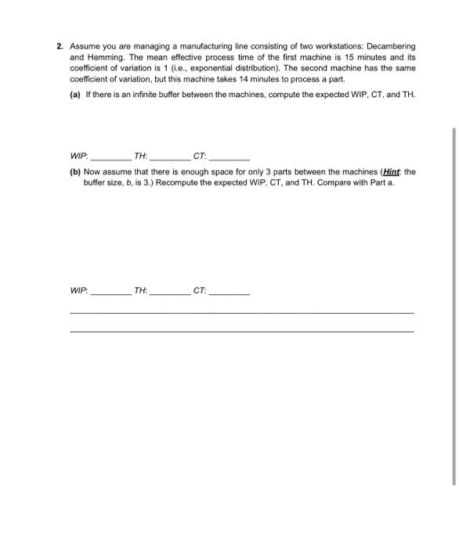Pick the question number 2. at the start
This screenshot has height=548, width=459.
pos(60,47)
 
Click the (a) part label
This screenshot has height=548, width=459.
pos(75,94)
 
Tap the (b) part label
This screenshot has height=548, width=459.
pos(75,171)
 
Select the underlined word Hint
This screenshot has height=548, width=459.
pos(391,171)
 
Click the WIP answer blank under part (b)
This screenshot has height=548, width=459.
pos(110,292)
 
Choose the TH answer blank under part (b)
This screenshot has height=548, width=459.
pos(168,292)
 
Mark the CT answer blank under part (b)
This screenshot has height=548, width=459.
pos(229,292)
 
